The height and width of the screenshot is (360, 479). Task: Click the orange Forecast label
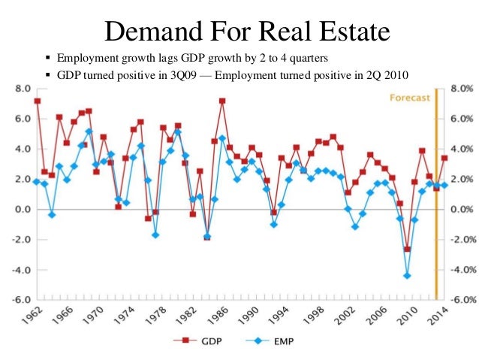tap(410, 97)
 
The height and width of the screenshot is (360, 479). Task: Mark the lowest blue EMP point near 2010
tap(407, 276)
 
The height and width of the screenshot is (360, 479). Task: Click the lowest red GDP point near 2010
tap(407, 249)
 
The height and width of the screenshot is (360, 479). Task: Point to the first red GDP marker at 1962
tap(37, 101)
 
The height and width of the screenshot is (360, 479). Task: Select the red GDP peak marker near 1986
tap(222, 101)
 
